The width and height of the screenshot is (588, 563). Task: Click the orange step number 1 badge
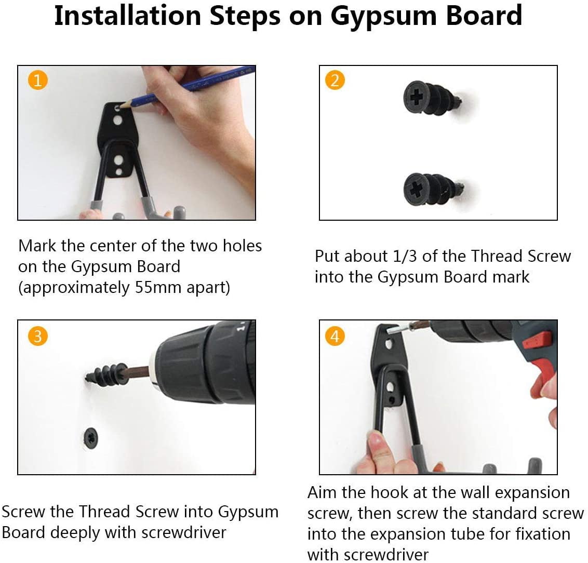pos(37,80)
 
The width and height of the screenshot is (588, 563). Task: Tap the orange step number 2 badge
pos(335,80)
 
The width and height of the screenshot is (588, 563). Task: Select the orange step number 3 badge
pos(37,336)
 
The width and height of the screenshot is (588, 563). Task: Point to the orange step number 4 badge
pos(335,336)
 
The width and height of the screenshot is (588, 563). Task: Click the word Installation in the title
pos(127,16)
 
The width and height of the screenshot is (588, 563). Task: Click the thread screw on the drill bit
pos(107,373)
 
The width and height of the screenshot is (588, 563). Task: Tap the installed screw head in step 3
pos(91,437)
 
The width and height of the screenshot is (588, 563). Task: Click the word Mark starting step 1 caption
pos(37,246)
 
